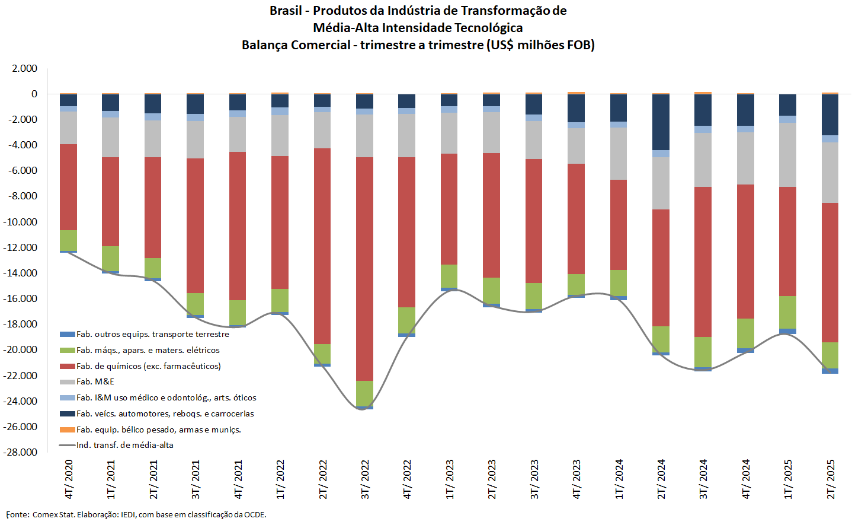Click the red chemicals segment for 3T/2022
(364, 269)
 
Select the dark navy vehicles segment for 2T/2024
(661, 122)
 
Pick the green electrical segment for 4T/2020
(68, 240)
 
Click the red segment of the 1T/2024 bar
(619, 225)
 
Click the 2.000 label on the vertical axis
(25, 68)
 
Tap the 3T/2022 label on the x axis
(366, 479)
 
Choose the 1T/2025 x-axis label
(789, 479)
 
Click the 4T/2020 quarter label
(69, 479)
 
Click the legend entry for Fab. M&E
(95, 381)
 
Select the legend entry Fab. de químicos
(148, 366)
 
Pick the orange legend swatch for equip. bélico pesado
(68, 430)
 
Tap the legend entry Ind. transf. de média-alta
(124, 445)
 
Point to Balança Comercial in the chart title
(296, 45)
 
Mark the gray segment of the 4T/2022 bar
(406, 135)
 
